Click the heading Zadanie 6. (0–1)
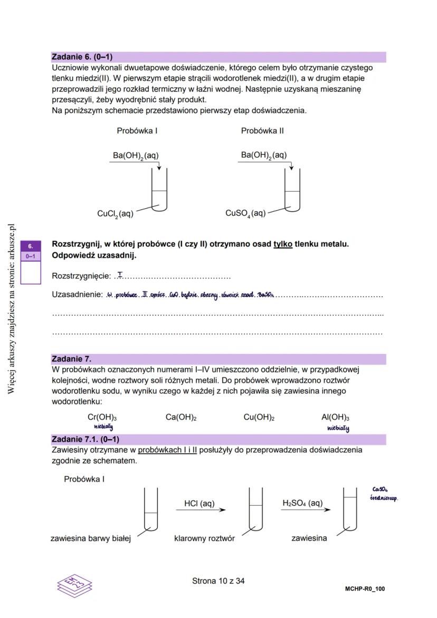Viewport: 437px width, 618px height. coord(82,57)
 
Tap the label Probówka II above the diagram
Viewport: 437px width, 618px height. coord(262,130)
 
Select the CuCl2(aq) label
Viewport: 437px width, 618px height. coord(115,214)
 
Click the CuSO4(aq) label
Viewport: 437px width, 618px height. coord(245,213)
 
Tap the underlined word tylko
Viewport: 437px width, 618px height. coord(283,244)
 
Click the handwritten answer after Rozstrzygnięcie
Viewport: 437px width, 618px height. coord(121,274)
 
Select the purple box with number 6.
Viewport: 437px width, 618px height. coord(31,246)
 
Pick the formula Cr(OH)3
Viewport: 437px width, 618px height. coord(102,417)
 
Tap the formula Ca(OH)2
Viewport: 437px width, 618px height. coord(181,417)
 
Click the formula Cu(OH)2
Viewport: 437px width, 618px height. coord(259,417)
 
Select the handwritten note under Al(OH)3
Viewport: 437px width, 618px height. coord(338,429)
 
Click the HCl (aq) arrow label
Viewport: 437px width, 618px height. coord(199,503)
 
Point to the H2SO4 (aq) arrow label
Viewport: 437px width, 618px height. coord(302,503)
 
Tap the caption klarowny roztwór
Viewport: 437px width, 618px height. coord(204,539)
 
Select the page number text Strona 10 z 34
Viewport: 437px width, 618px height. coord(218,581)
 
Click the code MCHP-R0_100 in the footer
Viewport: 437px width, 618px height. coord(361,588)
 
